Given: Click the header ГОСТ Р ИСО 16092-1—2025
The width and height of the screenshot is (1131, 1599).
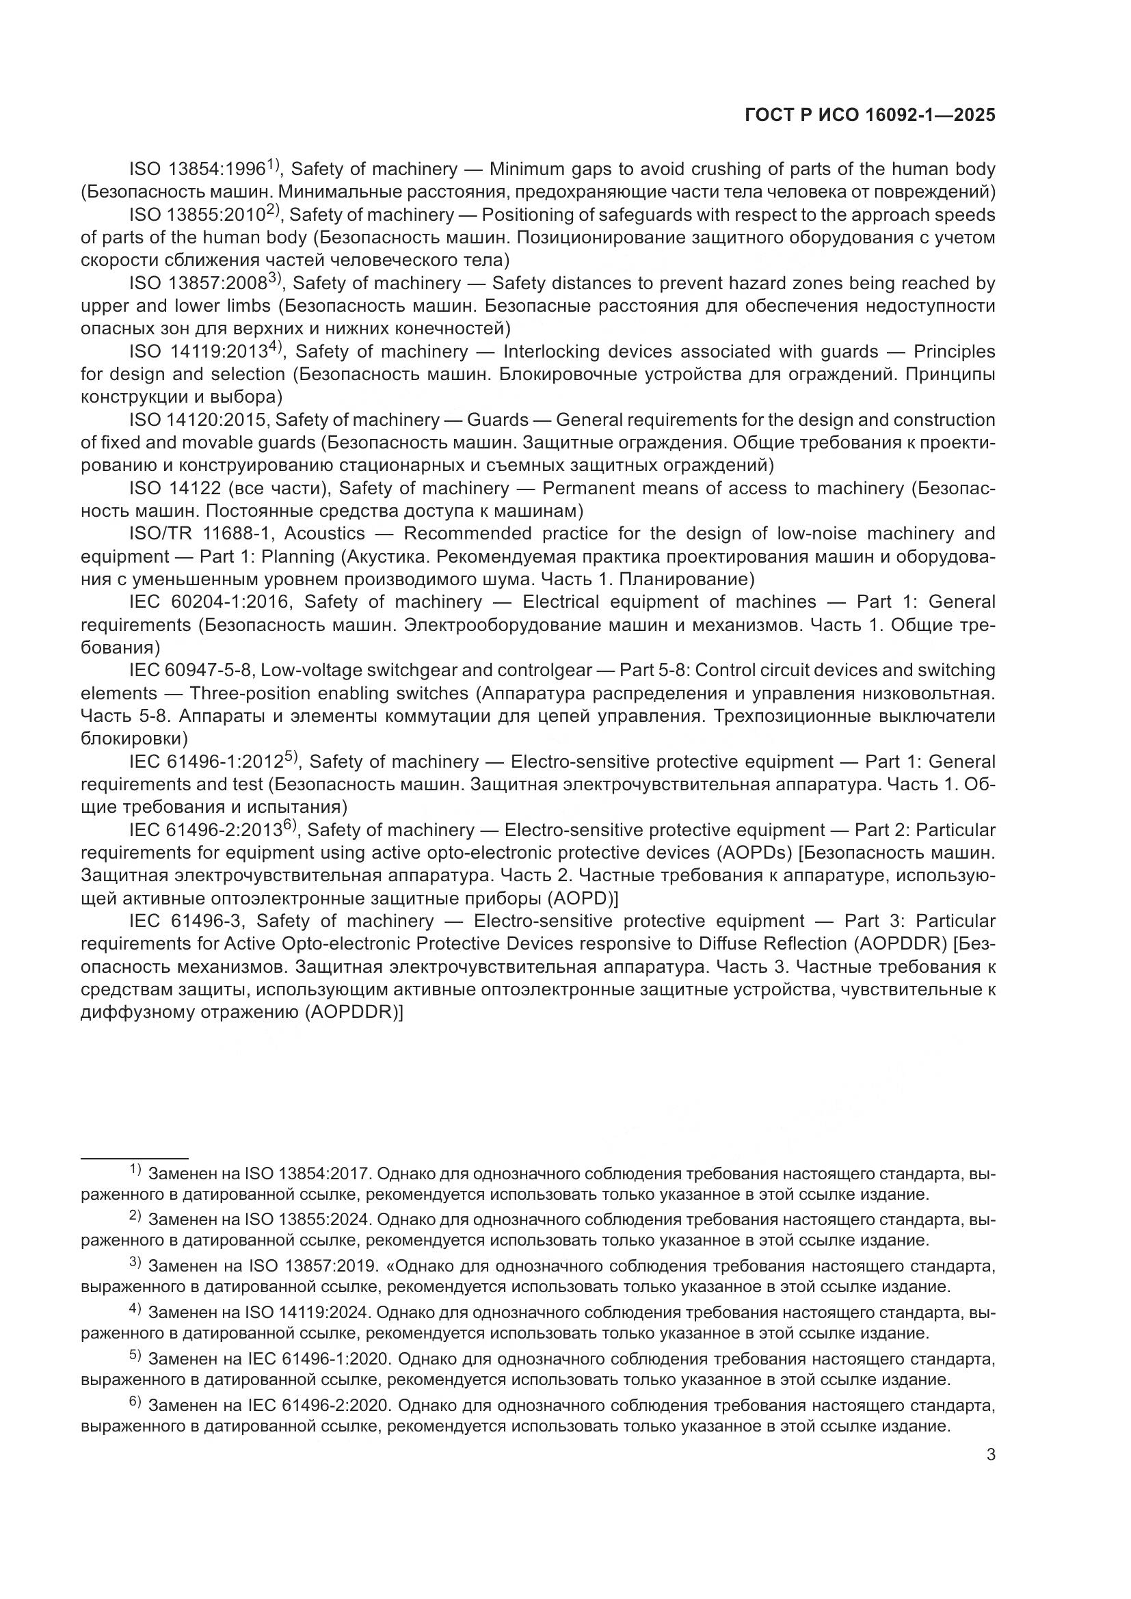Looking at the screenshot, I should click(870, 115).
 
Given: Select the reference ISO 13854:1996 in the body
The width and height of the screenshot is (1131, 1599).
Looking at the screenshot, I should click(198, 170).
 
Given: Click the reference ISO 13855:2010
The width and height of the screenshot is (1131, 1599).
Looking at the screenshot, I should click(198, 215).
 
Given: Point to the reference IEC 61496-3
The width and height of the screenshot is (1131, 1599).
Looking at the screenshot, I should click(185, 921).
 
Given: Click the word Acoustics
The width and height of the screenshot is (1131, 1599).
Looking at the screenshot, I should click(324, 533).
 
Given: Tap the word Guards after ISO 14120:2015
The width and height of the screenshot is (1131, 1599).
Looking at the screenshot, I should click(497, 420).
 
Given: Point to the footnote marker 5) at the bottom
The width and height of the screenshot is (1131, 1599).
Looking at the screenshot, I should click(135, 1356).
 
